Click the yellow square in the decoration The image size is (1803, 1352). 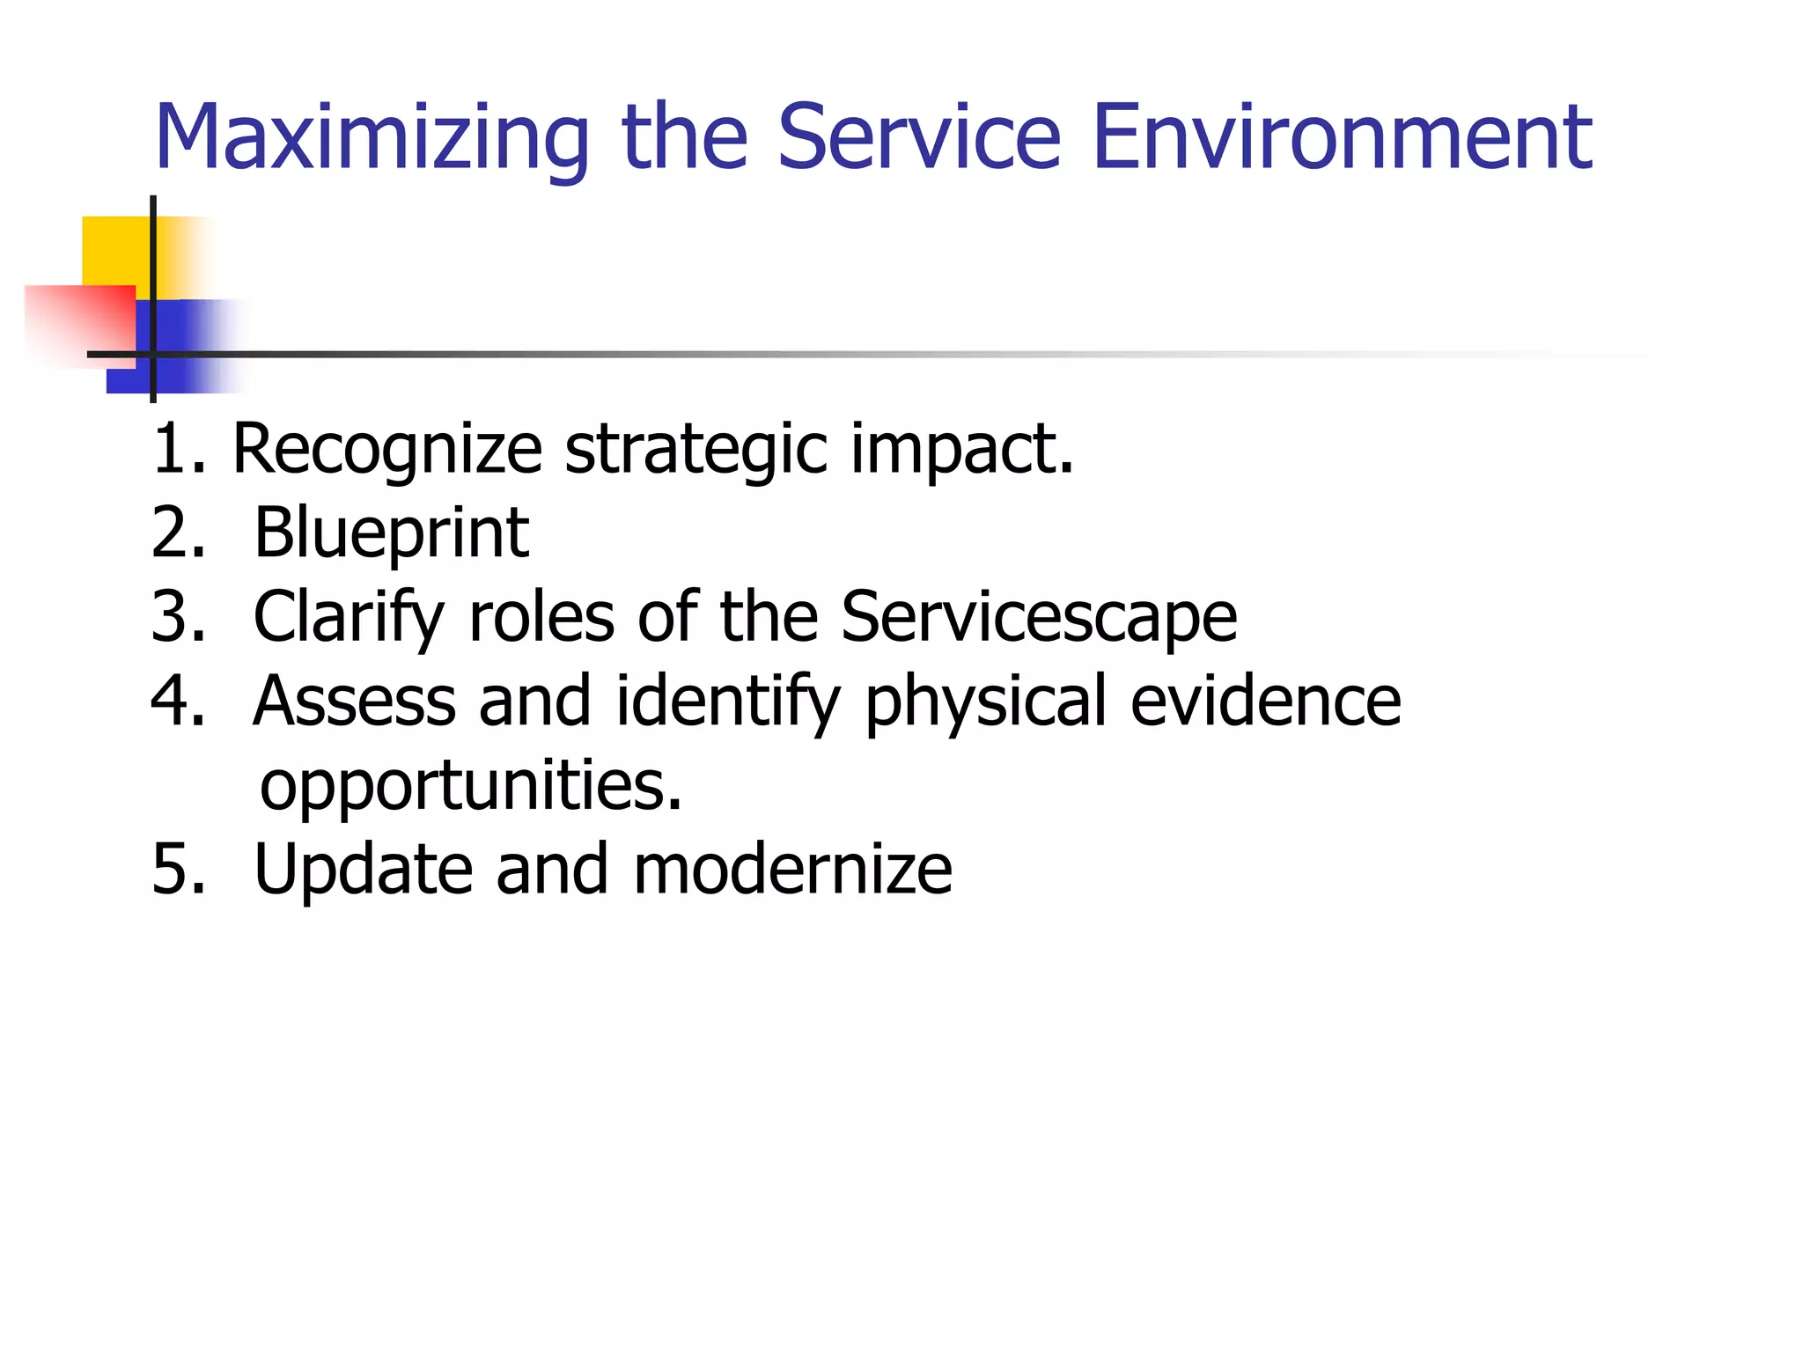(114, 251)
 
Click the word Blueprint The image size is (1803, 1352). (391, 534)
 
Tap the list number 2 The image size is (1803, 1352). (176, 534)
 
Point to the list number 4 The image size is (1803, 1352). (176, 702)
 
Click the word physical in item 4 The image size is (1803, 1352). (986, 702)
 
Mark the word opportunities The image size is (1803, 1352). (470, 786)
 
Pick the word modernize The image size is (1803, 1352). (792, 870)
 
